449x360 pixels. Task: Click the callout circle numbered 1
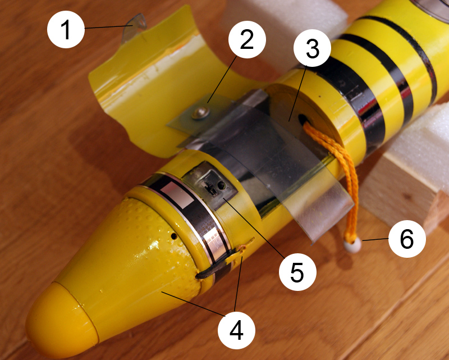coord(66,29)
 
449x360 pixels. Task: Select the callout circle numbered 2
coord(247,39)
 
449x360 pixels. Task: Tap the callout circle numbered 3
coord(313,48)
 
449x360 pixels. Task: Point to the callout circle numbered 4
coord(236,330)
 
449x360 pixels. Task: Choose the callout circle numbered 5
coord(297,272)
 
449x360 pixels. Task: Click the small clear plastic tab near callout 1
coord(134,27)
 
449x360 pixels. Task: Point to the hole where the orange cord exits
coord(304,119)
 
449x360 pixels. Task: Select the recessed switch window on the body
coord(212,185)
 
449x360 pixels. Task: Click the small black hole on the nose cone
coord(173,236)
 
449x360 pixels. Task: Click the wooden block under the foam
coord(404,195)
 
